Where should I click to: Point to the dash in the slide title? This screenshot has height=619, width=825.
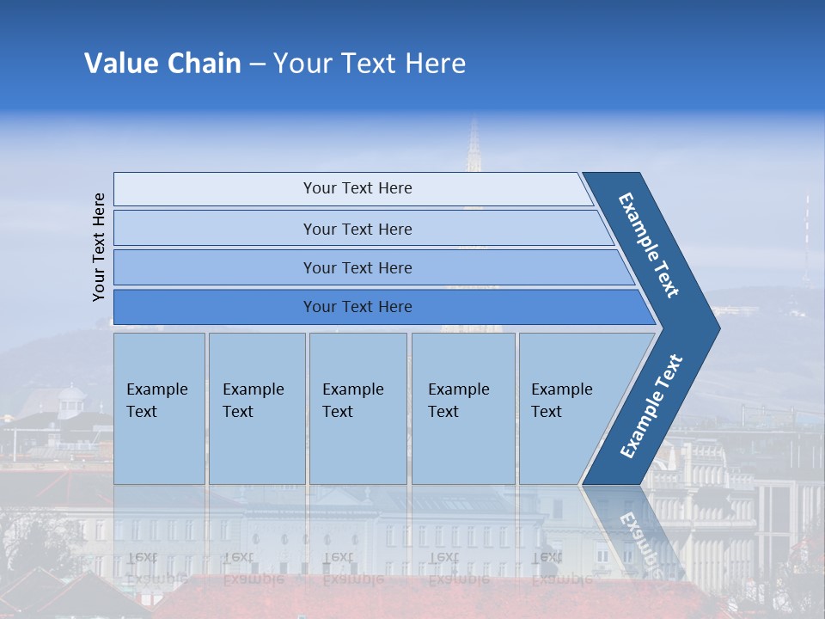(x=257, y=64)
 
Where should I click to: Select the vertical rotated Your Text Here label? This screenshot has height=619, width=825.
(x=99, y=247)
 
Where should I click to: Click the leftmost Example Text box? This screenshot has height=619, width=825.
(x=159, y=408)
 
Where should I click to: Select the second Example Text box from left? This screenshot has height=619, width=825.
(x=256, y=408)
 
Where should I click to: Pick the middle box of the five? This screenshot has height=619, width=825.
(x=357, y=408)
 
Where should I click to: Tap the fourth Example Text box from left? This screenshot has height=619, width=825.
(x=463, y=408)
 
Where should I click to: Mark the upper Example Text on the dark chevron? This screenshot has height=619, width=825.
(x=649, y=245)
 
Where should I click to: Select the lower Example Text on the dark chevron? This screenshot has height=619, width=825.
(x=651, y=407)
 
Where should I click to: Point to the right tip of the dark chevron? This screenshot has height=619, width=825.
(x=718, y=328)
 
